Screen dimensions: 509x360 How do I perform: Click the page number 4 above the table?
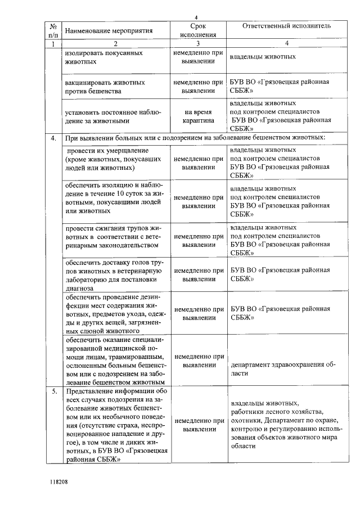[x=196, y=16]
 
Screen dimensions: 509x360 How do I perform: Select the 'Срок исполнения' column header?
[x=198, y=30]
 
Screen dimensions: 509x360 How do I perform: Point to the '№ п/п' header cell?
[x=52, y=30]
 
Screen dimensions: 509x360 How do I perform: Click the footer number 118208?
[x=57, y=482]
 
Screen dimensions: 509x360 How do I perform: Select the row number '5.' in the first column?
[x=53, y=391]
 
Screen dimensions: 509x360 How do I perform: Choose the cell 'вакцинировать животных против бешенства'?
[x=105, y=86]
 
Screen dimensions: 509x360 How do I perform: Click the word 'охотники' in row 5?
[x=245, y=420]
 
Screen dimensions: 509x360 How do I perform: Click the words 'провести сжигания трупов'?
[x=103, y=229]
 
